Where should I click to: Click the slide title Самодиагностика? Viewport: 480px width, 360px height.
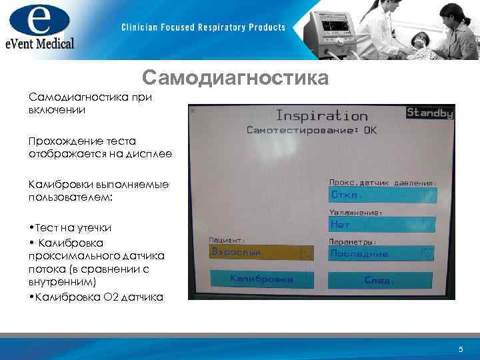(235, 79)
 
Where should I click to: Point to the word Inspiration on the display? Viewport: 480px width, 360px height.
(321, 116)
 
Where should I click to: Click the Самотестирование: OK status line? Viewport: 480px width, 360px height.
(311, 131)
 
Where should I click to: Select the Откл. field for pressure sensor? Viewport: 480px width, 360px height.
(382, 195)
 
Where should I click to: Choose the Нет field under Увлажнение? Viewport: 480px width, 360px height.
(382, 225)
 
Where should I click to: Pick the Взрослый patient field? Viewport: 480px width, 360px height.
(261, 253)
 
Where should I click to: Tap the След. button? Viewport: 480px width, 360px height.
(380, 280)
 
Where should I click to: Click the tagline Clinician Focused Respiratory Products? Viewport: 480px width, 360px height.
(203, 27)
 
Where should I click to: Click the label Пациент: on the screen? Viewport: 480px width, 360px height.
(227, 240)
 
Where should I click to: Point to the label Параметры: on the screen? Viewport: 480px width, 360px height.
(353, 241)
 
